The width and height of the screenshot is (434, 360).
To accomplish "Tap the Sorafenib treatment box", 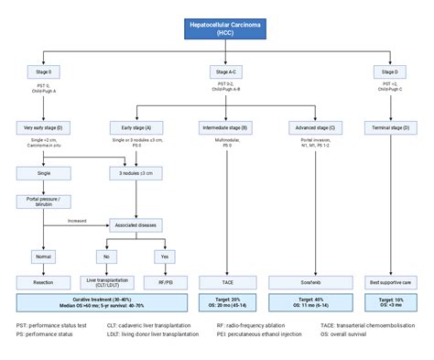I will (313, 283).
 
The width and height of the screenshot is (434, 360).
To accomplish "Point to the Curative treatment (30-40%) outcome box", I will (101, 303).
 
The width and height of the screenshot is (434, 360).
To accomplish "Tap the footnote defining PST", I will (53, 325).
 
